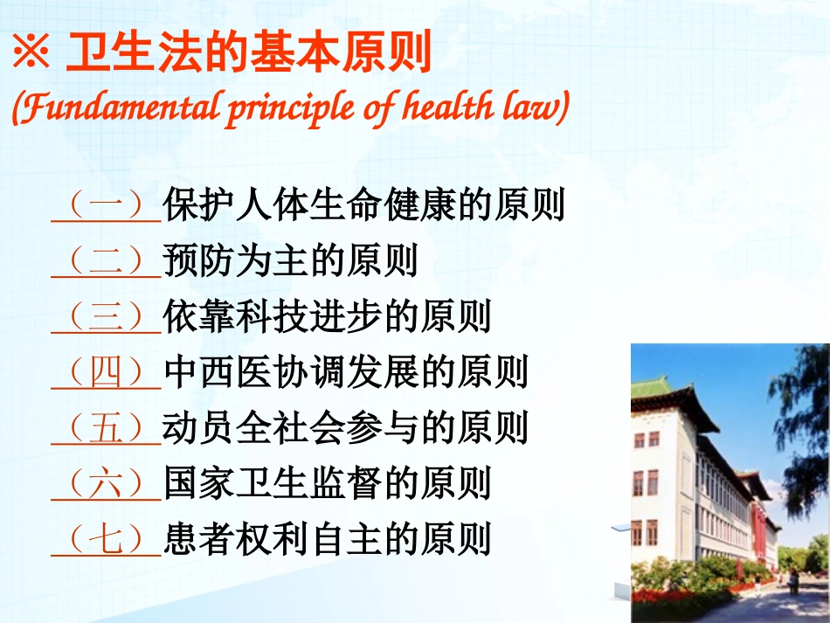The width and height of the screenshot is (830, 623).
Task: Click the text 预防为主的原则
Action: pos(291,261)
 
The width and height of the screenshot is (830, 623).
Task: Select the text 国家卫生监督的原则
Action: pos(328,483)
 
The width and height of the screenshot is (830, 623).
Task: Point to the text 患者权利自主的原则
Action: pos(328,538)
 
